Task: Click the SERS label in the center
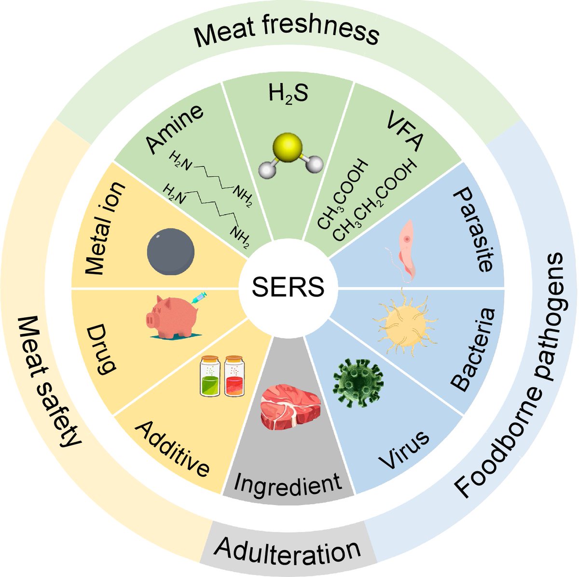(289, 288)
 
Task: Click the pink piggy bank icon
(169, 317)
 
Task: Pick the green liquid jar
(209, 377)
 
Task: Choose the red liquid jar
(234, 377)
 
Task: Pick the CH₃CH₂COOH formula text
(374, 201)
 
